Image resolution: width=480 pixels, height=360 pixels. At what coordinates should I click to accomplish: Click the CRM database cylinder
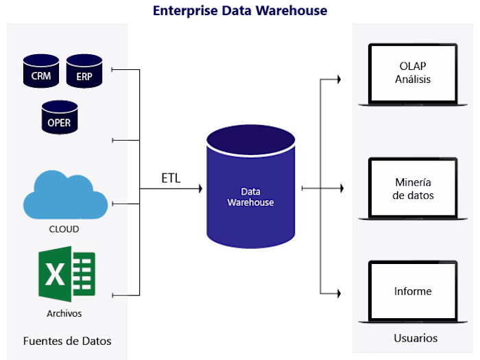pos(40,72)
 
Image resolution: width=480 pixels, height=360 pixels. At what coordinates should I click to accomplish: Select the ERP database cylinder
pos(84,72)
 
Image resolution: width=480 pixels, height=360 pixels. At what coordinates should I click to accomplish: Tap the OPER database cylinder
pos(59,117)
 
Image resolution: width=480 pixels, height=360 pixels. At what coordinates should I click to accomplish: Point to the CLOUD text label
pos(64,229)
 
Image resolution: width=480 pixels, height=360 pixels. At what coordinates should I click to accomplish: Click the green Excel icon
pos(67,275)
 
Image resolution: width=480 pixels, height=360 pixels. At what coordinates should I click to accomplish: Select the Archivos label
pos(64,313)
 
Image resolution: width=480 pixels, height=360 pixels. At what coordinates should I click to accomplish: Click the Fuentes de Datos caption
pos(67,341)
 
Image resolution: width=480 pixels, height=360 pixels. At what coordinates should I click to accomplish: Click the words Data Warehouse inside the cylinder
pos(250,197)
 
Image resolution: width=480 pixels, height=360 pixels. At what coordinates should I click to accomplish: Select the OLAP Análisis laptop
pos(413,75)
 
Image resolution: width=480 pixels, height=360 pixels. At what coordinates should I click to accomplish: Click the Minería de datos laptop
pos(413,189)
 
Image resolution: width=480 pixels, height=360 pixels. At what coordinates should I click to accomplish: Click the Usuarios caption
pos(416,338)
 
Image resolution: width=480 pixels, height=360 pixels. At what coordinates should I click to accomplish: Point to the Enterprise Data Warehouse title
pos(240,11)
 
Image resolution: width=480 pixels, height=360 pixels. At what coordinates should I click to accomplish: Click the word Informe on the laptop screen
pos(413,291)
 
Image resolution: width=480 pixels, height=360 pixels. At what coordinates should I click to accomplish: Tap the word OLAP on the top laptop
pos(413,67)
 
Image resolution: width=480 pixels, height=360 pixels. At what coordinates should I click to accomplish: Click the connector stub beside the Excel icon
pos(120,296)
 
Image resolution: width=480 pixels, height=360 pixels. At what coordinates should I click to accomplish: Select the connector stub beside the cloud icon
pos(120,204)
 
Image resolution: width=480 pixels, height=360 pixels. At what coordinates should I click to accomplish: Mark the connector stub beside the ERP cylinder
pos(120,69)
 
